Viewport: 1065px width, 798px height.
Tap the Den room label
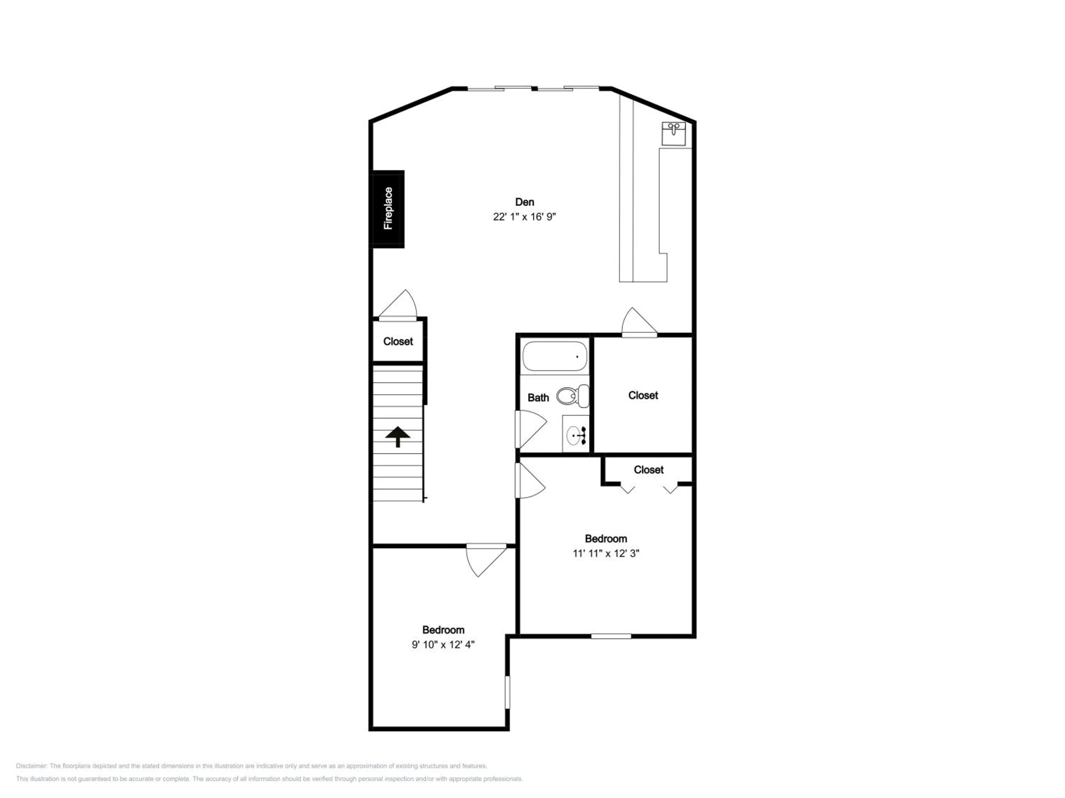524,202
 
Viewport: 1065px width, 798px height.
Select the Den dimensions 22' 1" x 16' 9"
524,217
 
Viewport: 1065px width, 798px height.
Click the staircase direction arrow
398,437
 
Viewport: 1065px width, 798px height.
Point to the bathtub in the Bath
555,356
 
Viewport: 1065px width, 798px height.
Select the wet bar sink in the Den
673,133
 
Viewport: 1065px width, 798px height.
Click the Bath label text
538,398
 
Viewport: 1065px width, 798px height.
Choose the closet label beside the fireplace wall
398,342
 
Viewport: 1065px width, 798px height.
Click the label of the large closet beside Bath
643,395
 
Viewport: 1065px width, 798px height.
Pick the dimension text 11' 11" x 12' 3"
606,554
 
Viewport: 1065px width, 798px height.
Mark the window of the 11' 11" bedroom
611,636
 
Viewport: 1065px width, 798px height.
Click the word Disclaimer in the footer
31,766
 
